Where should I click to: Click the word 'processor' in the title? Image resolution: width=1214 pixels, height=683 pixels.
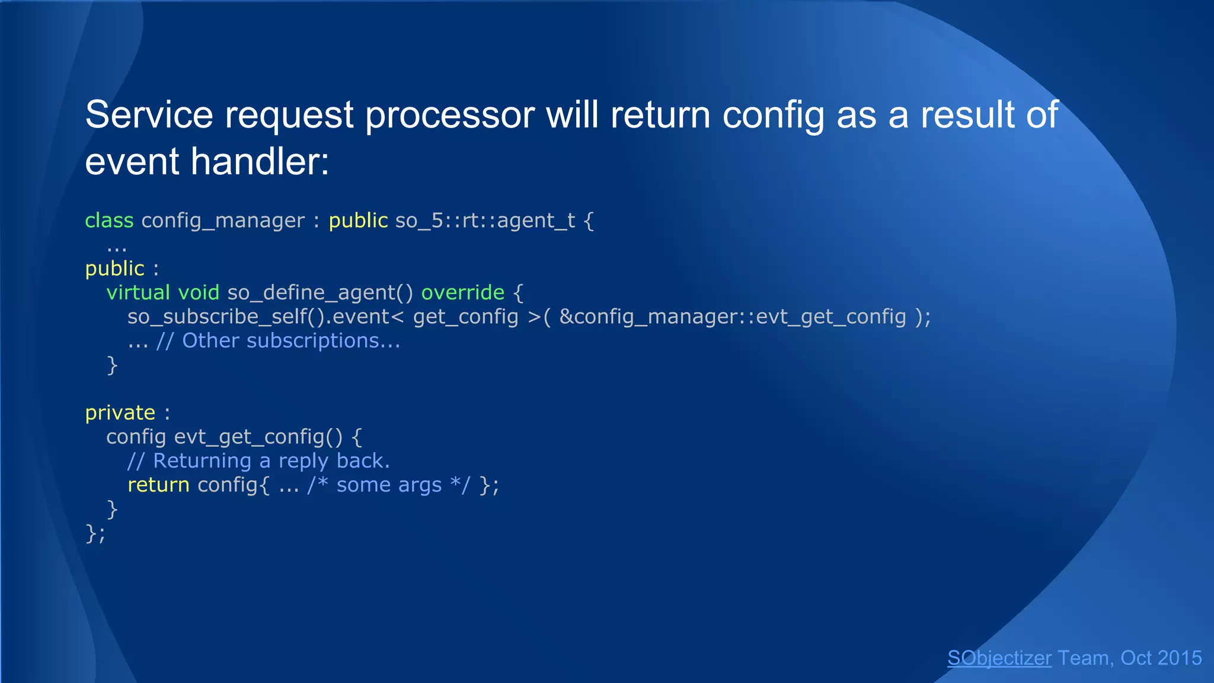449,115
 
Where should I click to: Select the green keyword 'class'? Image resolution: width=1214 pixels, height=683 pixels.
109,221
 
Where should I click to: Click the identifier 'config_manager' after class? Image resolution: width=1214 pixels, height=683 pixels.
223,221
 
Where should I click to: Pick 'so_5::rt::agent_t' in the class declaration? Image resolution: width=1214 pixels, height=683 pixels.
485,221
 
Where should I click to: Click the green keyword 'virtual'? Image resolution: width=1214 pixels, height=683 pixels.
138,293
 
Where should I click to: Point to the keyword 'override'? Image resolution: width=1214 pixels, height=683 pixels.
462,293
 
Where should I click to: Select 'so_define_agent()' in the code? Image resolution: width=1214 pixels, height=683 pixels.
320,293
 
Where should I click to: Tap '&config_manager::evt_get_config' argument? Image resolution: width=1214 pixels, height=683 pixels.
733,317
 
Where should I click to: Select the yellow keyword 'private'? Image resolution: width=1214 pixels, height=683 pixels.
120,413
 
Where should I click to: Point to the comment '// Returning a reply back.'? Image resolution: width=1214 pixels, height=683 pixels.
258,461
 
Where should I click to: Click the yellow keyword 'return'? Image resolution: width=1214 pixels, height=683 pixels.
158,485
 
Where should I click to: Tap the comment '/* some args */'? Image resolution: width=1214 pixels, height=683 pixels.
388,485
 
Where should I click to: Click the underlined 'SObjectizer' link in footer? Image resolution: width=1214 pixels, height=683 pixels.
999,658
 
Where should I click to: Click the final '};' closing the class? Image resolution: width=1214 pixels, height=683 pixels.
95,534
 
